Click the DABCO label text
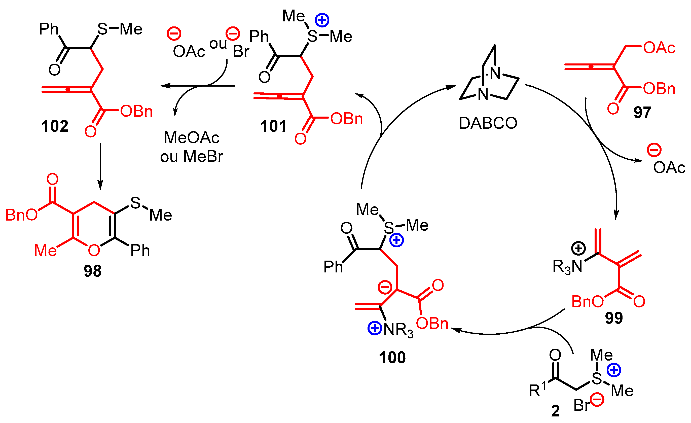(x=488, y=123)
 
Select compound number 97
(x=642, y=113)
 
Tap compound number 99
(x=614, y=318)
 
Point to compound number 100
(x=392, y=358)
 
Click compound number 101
(x=273, y=126)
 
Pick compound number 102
(x=55, y=126)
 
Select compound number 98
(x=93, y=271)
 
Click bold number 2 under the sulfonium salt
(x=555, y=411)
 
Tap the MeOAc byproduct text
(x=192, y=138)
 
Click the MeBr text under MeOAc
(x=203, y=157)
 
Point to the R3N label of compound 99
(x=567, y=266)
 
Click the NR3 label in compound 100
(x=398, y=330)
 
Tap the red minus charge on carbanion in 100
(x=385, y=287)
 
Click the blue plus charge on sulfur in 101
(x=322, y=20)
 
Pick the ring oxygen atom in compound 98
(x=94, y=251)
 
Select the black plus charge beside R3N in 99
(x=578, y=249)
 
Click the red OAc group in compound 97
(x=659, y=48)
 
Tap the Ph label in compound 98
(x=140, y=251)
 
